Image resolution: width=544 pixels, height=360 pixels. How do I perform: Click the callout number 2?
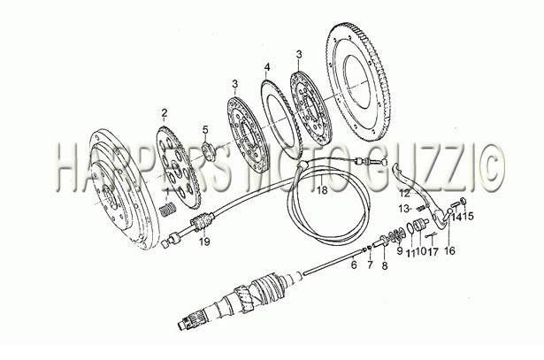[165, 112]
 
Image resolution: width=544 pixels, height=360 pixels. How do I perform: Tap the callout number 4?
[266, 66]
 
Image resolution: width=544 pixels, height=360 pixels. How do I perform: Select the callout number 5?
[205, 130]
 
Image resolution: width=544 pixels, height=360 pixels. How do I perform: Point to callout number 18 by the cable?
[322, 190]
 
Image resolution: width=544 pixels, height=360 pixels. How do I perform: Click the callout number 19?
[204, 241]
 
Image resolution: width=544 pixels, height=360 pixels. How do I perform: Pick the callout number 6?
[354, 265]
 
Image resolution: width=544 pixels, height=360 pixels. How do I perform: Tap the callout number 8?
[385, 266]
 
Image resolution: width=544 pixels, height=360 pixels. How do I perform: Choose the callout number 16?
[449, 250]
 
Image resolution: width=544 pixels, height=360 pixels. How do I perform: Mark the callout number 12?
[405, 193]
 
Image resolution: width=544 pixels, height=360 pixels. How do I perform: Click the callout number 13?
[404, 209]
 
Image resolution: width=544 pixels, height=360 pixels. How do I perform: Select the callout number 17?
[433, 251]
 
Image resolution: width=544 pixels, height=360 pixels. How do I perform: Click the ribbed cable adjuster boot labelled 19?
[202, 222]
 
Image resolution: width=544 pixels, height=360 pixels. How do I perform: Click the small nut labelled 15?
[464, 201]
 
